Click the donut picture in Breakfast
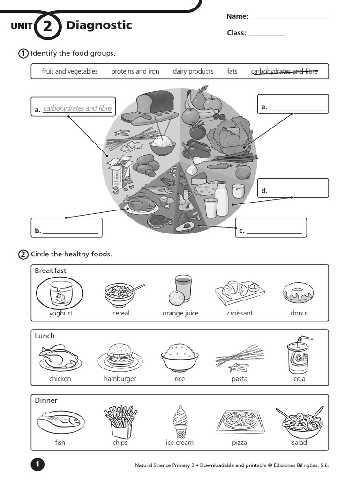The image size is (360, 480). (x=298, y=292)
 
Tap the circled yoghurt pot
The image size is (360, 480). (x=60, y=293)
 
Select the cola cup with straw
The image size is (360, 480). (x=298, y=357)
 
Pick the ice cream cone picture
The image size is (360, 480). (x=180, y=421)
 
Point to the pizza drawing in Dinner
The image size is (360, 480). (x=239, y=420)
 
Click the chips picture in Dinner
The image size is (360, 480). (x=120, y=421)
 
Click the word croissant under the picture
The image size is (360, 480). (x=240, y=313)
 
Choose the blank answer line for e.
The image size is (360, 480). (x=297, y=109)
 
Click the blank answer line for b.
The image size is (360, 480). (x=71, y=232)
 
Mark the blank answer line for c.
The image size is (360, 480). (x=275, y=232)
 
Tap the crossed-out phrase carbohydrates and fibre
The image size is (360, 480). (x=285, y=71)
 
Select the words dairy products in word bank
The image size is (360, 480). (x=193, y=71)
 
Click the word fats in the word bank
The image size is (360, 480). (x=232, y=71)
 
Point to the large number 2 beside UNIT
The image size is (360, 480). (x=47, y=26)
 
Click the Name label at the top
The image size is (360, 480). (x=237, y=16)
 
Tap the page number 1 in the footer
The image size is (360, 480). (x=37, y=465)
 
